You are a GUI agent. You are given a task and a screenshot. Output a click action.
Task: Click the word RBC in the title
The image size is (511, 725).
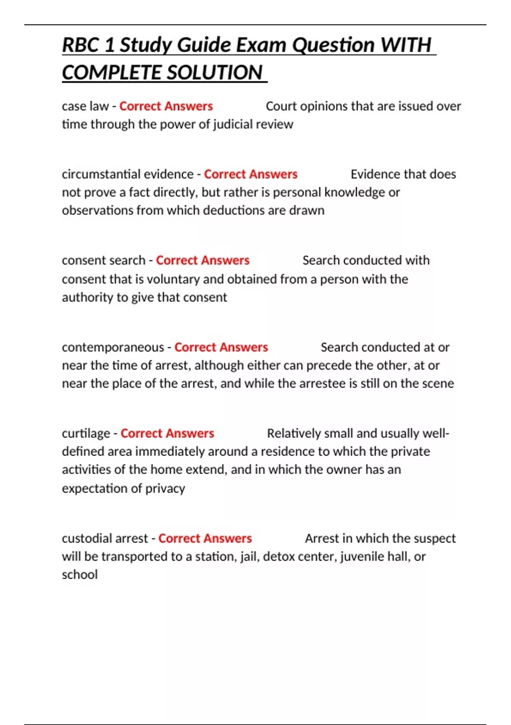tap(80, 45)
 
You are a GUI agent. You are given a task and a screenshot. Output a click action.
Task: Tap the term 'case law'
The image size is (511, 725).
tap(85, 106)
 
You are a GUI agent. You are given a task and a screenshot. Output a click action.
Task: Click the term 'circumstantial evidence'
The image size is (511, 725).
tap(128, 174)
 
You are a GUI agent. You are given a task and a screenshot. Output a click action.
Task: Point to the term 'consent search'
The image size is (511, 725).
tap(103, 261)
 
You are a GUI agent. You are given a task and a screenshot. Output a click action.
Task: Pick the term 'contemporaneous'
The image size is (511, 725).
tap(113, 348)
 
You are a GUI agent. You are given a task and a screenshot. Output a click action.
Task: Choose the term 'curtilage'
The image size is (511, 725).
tap(86, 434)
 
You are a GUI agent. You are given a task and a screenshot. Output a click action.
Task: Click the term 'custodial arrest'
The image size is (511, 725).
tap(105, 539)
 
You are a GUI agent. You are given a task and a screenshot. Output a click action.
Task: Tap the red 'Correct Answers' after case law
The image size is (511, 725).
tap(166, 106)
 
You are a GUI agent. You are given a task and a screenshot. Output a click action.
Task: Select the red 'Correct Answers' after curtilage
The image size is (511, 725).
tap(167, 434)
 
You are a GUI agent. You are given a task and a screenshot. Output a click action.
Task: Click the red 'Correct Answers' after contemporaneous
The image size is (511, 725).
tap(221, 348)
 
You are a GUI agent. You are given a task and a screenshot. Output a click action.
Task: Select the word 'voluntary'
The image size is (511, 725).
tap(173, 279)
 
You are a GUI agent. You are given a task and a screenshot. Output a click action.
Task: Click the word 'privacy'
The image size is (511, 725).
tap(165, 488)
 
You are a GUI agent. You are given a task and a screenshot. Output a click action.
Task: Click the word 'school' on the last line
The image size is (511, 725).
tap(80, 575)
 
